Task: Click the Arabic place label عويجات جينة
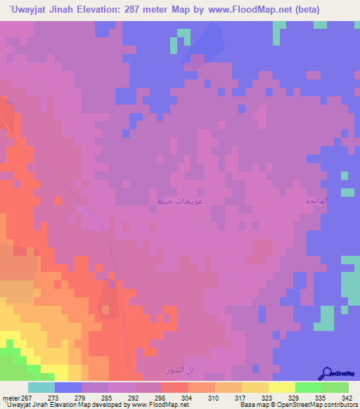tap(171, 201)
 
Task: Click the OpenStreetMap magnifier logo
tap(326, 372)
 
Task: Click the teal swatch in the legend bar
tap(41, 387)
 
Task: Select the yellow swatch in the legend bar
tap(281, 387)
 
